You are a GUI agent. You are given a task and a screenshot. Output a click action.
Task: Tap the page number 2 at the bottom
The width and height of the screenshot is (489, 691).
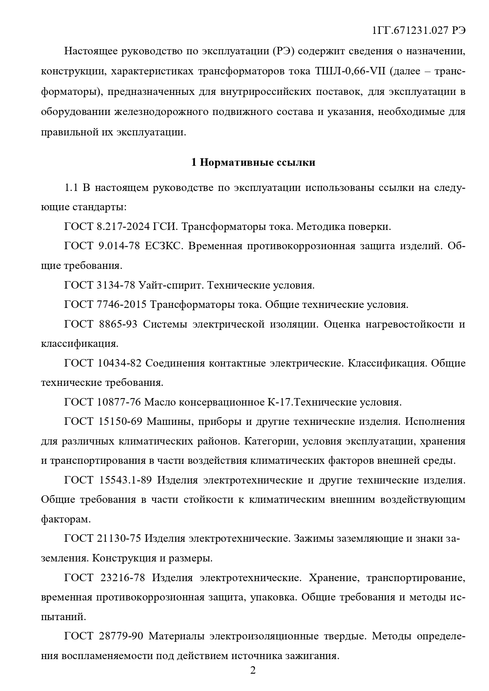tap(253, 671)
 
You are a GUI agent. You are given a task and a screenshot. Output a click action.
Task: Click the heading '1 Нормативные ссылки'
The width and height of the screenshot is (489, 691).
tap(253, 162)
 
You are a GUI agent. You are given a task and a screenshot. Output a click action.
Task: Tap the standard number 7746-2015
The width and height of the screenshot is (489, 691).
tap(121, 305)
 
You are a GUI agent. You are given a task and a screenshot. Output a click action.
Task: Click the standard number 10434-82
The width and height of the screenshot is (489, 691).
tap(119, 363)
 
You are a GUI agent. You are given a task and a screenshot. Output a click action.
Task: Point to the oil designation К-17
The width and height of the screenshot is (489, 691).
tap(281, 402)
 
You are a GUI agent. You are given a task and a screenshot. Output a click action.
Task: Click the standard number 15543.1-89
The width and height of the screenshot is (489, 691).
tap(126, 480)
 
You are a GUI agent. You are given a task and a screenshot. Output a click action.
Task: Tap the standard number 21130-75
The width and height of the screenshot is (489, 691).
tap(119, 539)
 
